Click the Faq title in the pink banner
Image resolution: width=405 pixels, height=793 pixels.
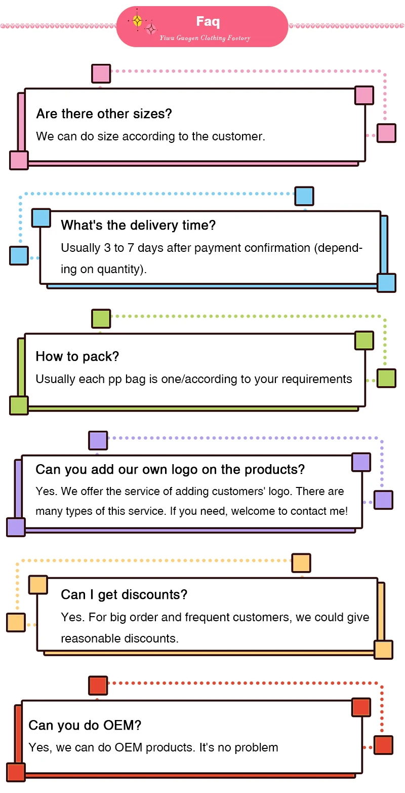click(208, 21)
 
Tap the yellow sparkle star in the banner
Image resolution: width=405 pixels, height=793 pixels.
click(137, 21)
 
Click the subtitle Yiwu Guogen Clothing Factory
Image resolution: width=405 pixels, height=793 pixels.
click(205, 38)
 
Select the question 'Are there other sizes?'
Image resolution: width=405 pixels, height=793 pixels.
click(104, 114)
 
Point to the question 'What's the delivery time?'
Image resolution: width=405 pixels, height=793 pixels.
click(138, 225)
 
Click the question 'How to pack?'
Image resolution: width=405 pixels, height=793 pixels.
click(77, 356)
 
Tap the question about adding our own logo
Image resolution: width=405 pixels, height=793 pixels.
click(170, 469)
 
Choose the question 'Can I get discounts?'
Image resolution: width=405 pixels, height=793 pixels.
click(124, 594)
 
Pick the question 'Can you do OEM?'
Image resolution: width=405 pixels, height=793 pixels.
click(85, 725)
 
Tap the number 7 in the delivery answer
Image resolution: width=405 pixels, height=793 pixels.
click(131, 248)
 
